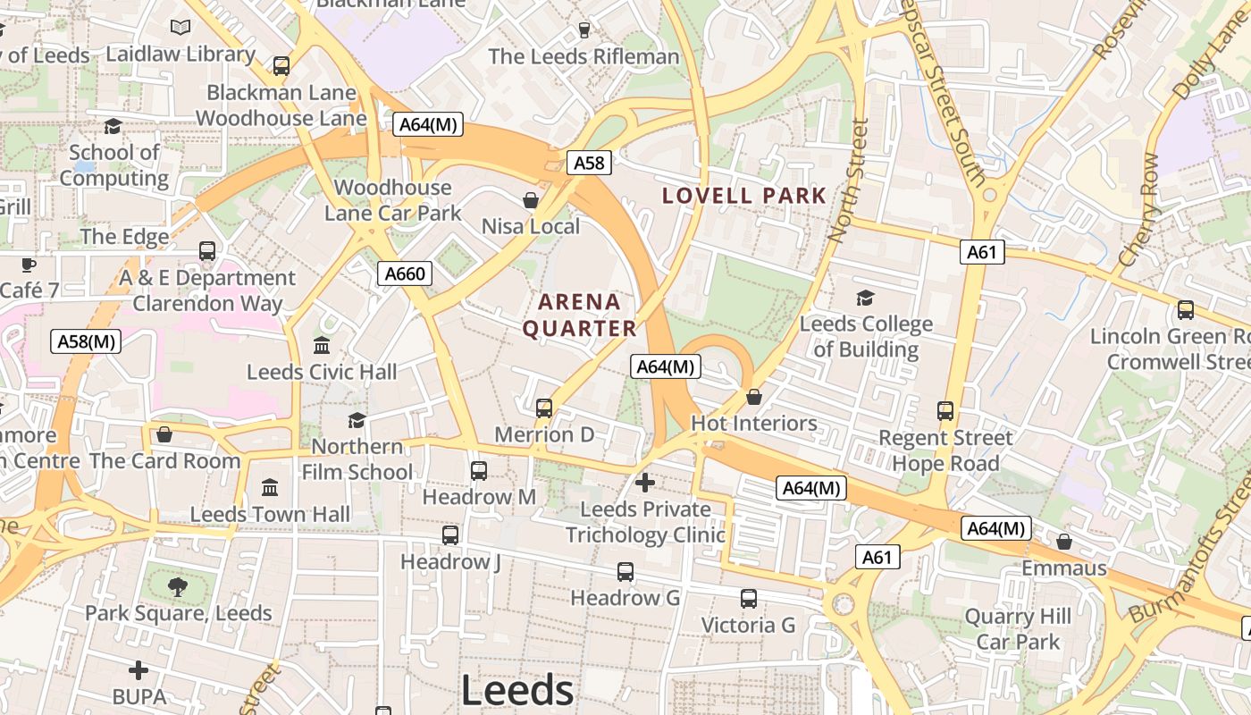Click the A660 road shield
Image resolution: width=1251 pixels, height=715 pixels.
coord(405,273)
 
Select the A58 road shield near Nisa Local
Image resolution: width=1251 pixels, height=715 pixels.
coord(589,163)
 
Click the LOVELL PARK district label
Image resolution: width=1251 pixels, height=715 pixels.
coord(743,195)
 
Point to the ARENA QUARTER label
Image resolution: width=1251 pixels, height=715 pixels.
coord(579,315)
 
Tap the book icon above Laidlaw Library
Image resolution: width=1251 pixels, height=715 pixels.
coord(181,28)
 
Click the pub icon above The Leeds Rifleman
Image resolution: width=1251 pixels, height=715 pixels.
coord(584,30)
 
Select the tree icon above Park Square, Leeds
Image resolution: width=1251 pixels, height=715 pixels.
coord(178,587)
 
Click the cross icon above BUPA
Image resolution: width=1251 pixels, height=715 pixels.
coord(139,670)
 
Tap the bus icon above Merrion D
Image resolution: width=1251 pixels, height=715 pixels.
coord(544,408)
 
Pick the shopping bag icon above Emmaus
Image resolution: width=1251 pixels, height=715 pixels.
coord(1064,542)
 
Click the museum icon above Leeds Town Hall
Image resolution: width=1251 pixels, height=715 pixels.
coord(270,487)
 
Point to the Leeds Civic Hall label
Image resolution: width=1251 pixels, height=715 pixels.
coord(322,372)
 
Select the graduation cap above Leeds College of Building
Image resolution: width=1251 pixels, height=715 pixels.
coord(865,298)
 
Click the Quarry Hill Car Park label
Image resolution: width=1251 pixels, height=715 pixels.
coord(1018,629)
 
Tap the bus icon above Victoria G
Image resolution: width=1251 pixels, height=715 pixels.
coord(748,599)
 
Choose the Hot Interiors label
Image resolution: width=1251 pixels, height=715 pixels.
coord(753,423)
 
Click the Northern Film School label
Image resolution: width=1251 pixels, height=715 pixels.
coord(357,458)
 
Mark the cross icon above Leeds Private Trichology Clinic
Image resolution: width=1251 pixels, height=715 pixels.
coord(644,483)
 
